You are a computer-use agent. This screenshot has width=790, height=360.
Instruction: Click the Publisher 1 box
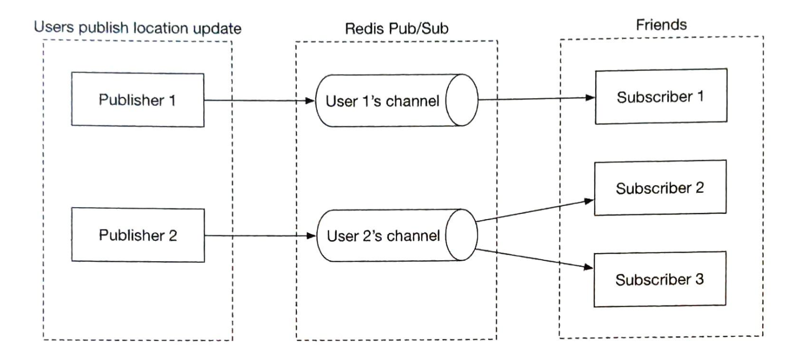click(138, 99)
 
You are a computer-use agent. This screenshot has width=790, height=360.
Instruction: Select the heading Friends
click(661, 25)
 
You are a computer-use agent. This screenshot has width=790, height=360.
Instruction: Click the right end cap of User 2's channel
click(461, 236)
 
